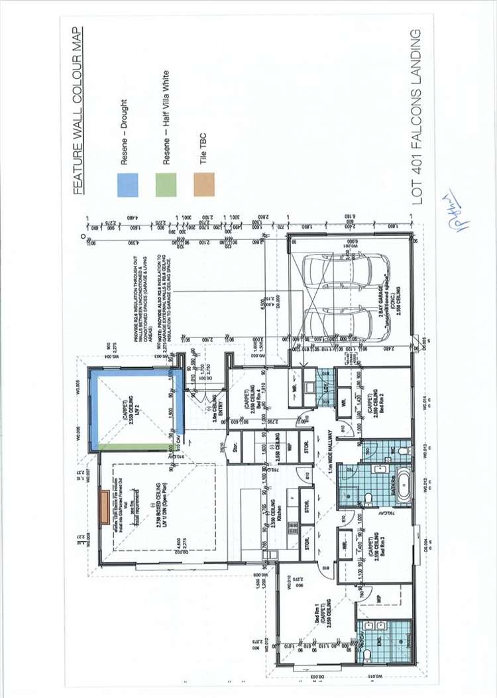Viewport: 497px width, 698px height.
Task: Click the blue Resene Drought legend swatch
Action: [127, 184]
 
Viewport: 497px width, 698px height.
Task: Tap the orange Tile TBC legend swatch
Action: [205, 184]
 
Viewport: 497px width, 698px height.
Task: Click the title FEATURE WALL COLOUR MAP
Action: [78, 111]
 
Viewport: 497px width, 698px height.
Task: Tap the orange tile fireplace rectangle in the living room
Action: [104, 508]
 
